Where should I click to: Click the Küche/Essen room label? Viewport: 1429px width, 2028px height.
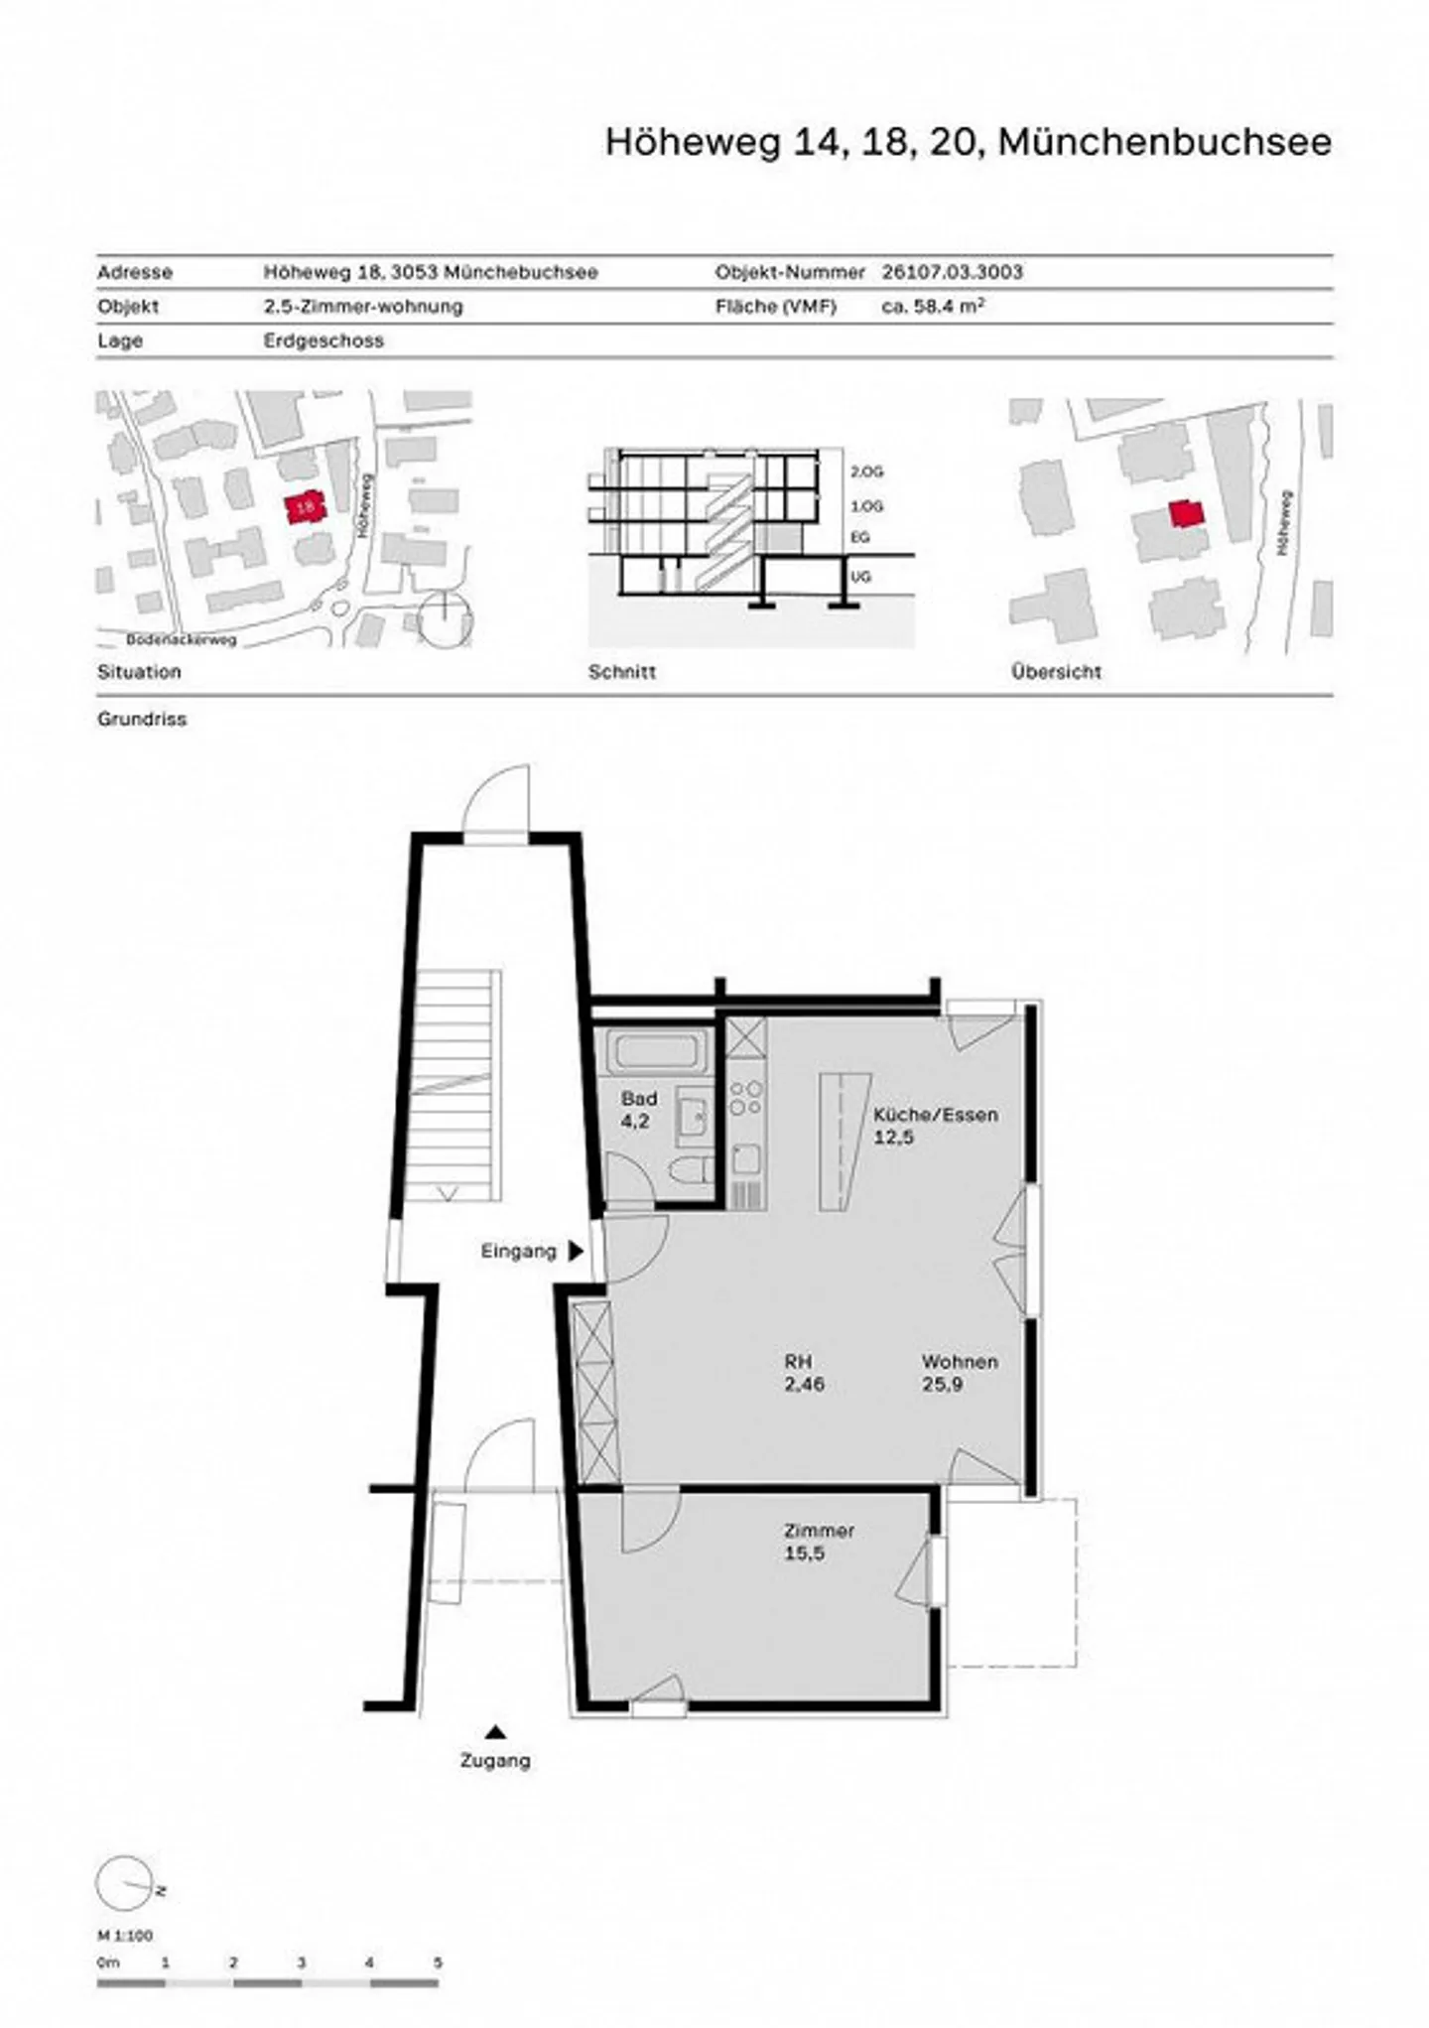pyautogui.click(x=935, y=1126)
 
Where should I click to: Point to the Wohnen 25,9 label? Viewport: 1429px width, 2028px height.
pyautogui.click(x=960, y=1373)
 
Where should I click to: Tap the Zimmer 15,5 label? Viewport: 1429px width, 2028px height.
pyautogui.click(x=819, y=1542)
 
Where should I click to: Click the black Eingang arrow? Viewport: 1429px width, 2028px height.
pyautogui.click(x=576, y=1252)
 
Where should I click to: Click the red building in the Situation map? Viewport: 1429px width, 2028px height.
pyautogui.click(x=306, y=507)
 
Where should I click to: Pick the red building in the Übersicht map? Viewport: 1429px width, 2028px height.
pyautogui.click(x=1186, y=514)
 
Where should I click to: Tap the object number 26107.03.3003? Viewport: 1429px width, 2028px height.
pyautogui.click(x=953, y=272)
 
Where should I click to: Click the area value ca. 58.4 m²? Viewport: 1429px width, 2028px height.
pyautogui.click(x=933, y=306)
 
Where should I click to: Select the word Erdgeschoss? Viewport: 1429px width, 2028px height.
pyautogui.click(x=324, y=340)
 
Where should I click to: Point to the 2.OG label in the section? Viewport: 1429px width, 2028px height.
pyautogui.click(x=866, y=472)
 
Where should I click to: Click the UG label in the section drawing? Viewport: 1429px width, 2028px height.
pyautogui.click(x=860, y=576)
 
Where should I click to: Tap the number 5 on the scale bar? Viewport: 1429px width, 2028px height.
pyautogui.click(x=438, y=1962)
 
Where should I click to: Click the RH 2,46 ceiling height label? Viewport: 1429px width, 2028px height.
pyautogui.click(x=804, y=1373)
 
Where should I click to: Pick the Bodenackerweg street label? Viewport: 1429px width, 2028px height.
pyautogui.click(x=182, y=640)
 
